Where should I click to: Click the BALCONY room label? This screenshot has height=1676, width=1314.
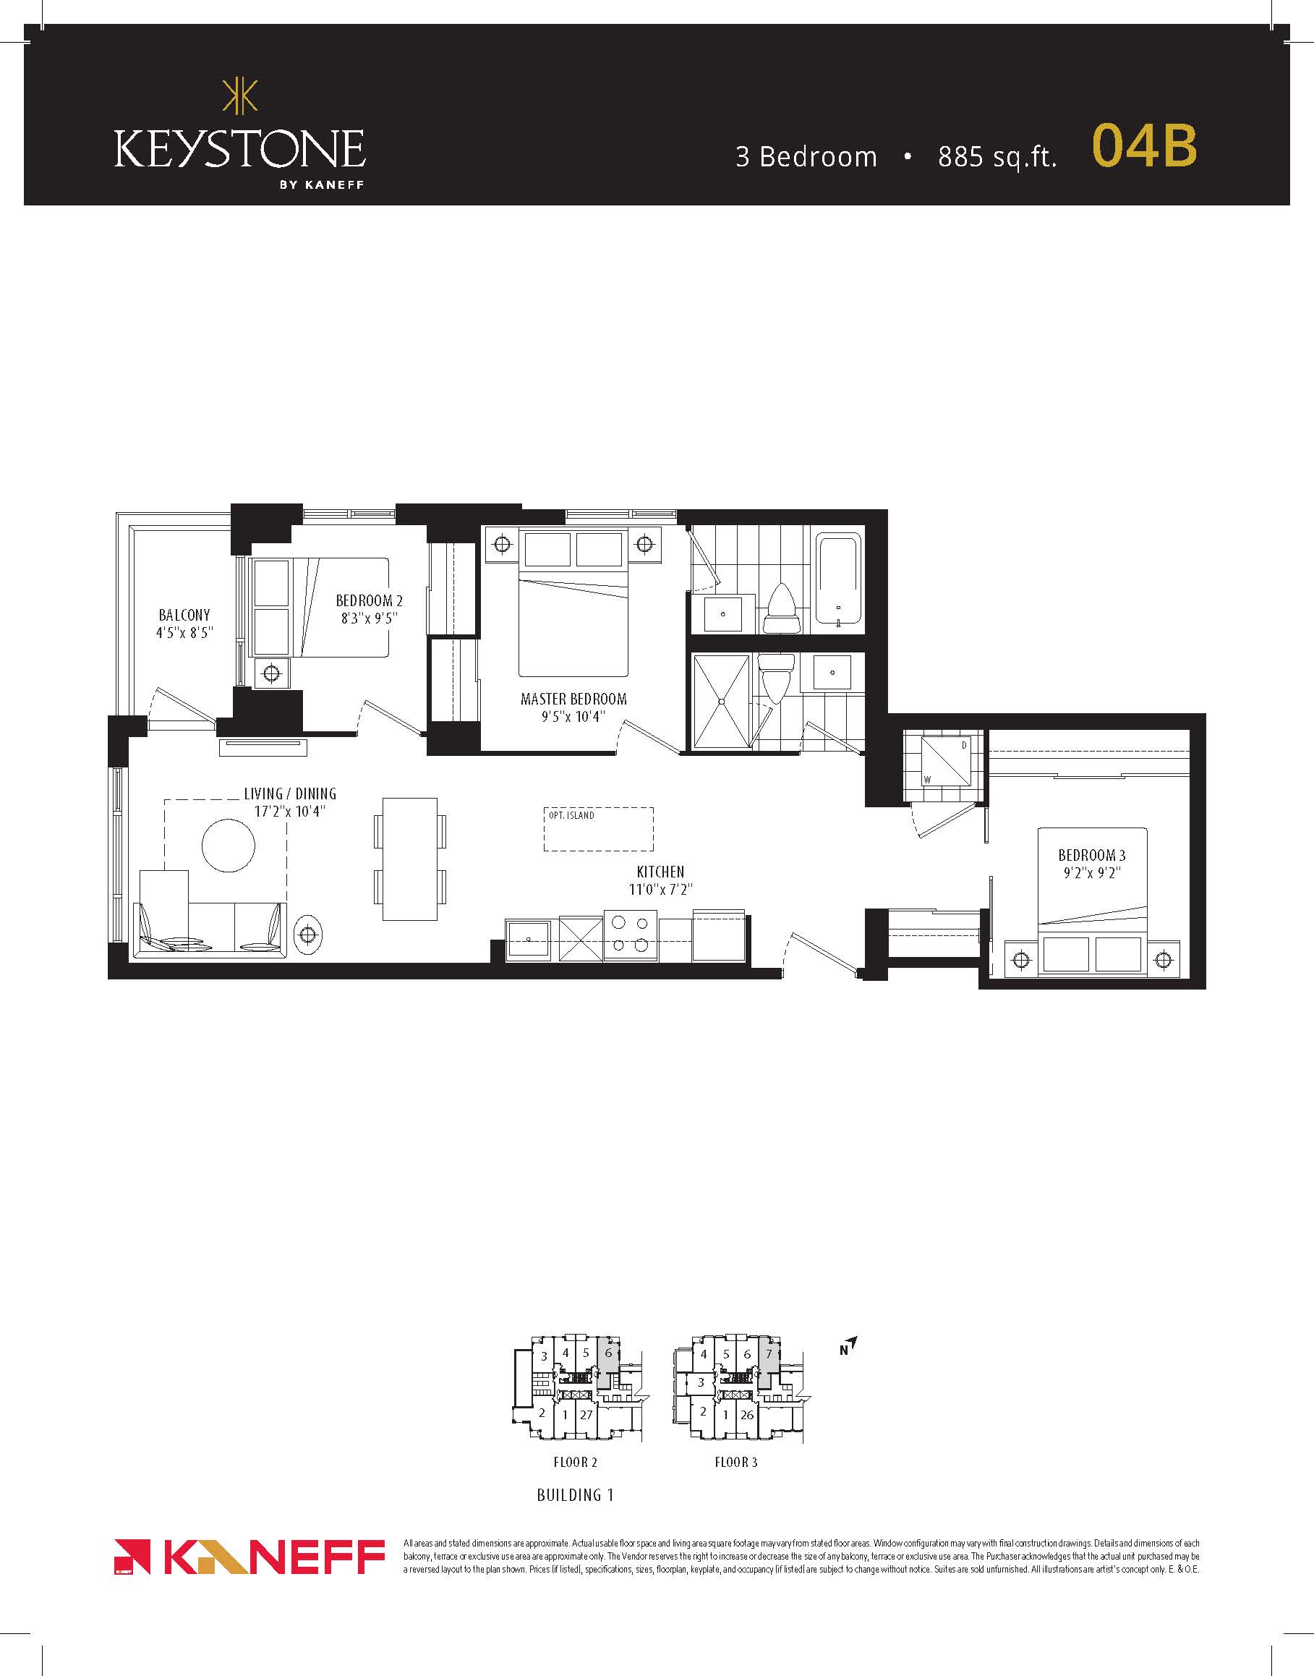click(184, 615)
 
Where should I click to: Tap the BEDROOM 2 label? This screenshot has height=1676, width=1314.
click(370, 600)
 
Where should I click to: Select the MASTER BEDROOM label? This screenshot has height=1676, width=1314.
click(574, 699)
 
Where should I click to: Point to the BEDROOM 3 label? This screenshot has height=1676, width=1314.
click(1092, 855)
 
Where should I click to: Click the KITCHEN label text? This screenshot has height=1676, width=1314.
click(660, 872)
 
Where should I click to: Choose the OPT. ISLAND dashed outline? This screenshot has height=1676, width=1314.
click(599, 829)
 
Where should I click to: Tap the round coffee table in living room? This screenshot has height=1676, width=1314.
click(229, 846)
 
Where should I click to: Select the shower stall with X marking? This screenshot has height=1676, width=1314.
click(721, 701)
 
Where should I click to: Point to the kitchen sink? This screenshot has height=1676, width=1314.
click(528, 939)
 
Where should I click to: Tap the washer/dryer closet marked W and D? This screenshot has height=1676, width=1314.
click(945, 761)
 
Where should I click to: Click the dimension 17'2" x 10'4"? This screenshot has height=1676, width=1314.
click(290, 811)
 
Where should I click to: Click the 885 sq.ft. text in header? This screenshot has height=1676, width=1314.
click(997, 157)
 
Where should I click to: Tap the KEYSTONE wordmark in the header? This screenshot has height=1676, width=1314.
click(240, 148)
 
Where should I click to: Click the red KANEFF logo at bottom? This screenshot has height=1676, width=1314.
click(249, 1557)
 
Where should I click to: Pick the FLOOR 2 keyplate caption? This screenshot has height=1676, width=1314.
click(576, 1462)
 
